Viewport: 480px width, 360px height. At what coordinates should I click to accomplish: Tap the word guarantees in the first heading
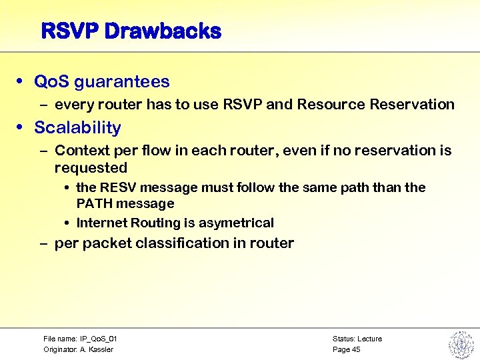(122, 82)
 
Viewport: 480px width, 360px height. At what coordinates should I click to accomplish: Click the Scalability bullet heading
(77, 127)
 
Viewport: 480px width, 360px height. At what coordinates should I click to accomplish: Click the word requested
(91, 167)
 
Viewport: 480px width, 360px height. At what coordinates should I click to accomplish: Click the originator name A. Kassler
(97, 349)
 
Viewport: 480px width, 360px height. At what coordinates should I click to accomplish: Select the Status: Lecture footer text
(357, 339)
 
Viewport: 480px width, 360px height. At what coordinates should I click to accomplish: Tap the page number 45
(356, 349)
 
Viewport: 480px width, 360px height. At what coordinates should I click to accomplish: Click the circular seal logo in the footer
(460, 343)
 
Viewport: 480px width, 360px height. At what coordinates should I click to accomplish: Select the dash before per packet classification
(43, 243)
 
